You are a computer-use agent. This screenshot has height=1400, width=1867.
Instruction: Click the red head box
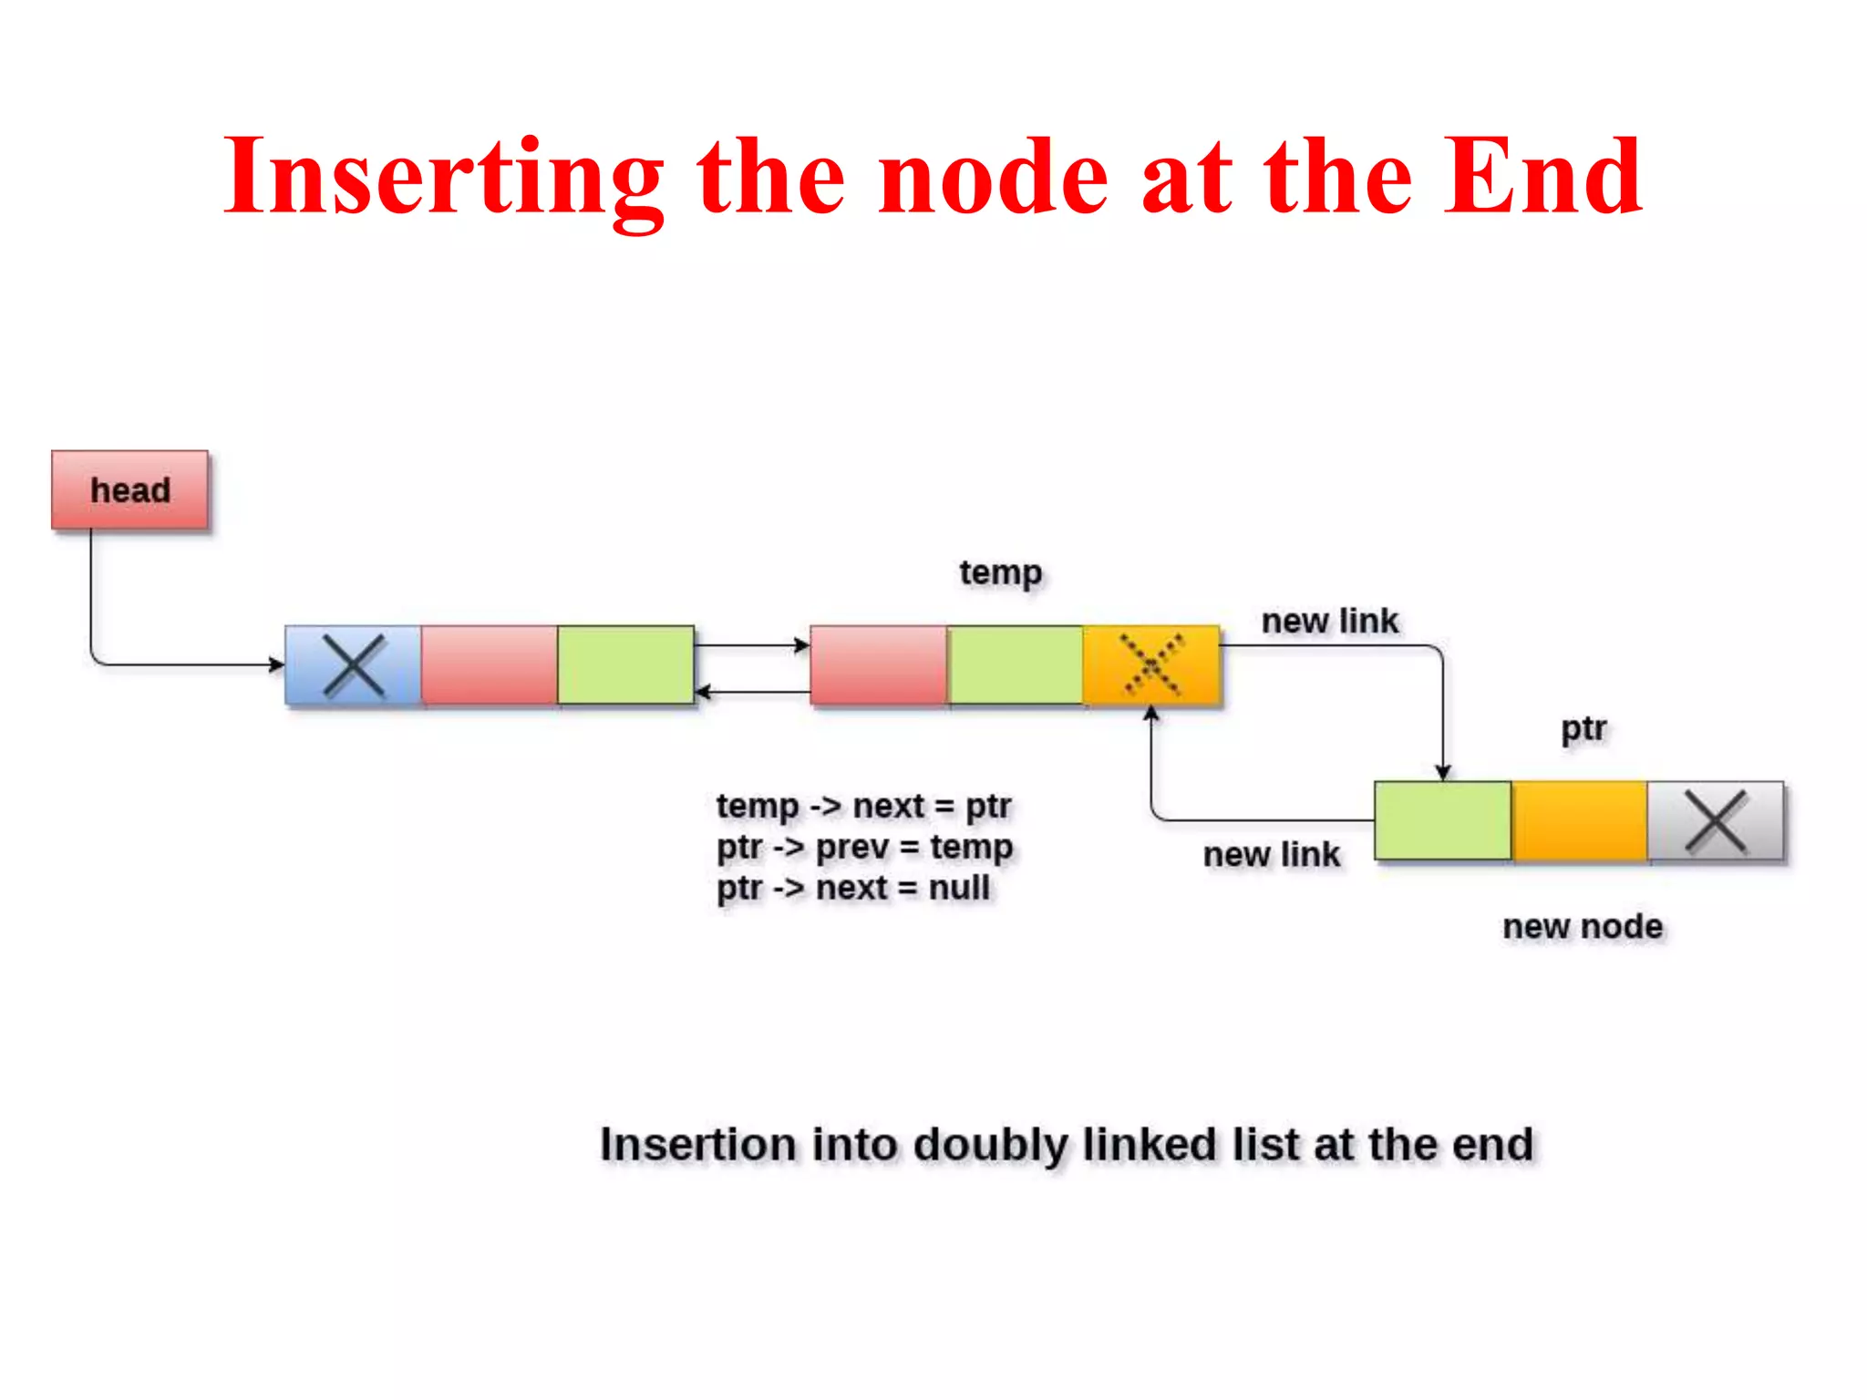[x=129, y=489]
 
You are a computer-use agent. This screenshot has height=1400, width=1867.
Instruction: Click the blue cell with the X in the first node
[x=354, y=665]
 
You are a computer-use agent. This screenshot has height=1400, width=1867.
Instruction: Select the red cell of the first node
[x=490, y=665]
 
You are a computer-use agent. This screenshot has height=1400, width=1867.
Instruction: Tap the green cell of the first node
[x=625, y=665]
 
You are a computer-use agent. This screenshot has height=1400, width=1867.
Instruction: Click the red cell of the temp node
[x=879, y=665]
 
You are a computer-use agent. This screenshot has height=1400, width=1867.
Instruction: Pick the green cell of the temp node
[x=1016, y=665]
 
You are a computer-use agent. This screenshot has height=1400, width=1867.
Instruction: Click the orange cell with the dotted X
[x=1151, y=665]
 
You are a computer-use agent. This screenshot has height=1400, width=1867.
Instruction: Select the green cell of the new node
[x=1443, y=820]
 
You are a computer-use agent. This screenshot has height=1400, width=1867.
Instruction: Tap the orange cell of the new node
[x=1579, y=820]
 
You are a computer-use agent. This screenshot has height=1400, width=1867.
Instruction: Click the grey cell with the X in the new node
[x=1716, y=820]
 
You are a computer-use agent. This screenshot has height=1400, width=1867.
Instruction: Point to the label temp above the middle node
[x=1000, y=573]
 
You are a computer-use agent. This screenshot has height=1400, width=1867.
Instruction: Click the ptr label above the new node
[x=1583, y=729]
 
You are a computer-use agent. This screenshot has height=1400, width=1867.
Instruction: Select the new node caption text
[x=1583, y=926]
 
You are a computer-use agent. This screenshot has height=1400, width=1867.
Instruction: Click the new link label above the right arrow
[x=1329, y=622]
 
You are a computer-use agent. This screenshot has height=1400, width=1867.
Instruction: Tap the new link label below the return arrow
[x=1271, y=855]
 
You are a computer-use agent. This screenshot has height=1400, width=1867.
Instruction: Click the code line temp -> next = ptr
[x=863, y=806]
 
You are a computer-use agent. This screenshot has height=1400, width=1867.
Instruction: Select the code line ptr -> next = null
[x=852, y=888]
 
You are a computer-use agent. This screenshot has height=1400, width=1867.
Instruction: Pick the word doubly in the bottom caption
[x=990, y=1146]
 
